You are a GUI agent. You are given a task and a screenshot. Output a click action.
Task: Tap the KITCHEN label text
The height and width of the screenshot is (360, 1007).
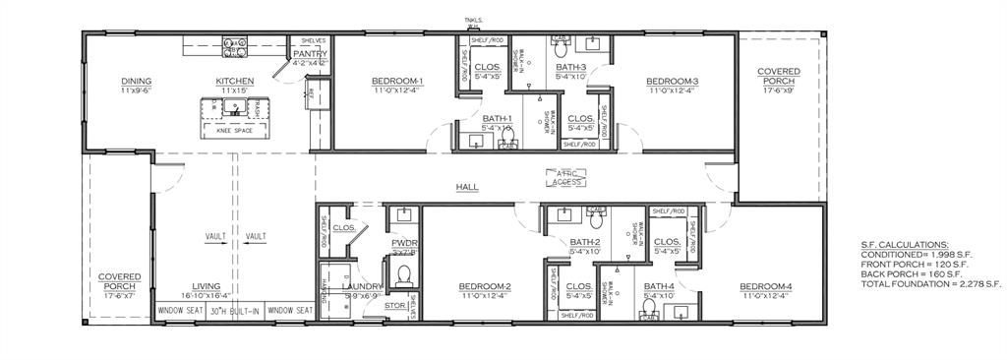point(236,81)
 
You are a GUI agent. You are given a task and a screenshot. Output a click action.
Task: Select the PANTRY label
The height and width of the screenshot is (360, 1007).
point(310,54)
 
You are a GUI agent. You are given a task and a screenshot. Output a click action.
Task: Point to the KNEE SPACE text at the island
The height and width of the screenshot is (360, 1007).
point(228,130)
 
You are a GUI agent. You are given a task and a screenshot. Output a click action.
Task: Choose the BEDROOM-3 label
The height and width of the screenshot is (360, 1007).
point(673,81)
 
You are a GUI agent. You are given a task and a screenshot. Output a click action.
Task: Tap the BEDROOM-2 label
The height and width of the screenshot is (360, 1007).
point(485,286)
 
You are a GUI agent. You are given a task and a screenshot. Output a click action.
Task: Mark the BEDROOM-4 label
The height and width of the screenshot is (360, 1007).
point(767,286)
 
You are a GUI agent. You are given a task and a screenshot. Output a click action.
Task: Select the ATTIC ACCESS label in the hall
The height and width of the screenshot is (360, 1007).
point(567,178)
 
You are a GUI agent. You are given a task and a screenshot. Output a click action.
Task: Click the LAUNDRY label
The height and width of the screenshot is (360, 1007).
point(360,286)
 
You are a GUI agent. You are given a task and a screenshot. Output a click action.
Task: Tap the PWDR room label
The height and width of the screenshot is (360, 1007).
point(404,242)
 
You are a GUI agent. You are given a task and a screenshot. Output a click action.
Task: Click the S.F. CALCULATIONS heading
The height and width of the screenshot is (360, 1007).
point(905,244)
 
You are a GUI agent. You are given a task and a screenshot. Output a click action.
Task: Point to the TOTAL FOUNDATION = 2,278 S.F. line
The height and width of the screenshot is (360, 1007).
point(930,283)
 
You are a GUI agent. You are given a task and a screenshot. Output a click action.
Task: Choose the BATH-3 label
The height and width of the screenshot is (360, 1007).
point(570,66)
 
